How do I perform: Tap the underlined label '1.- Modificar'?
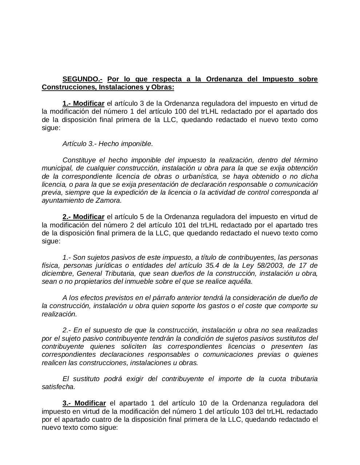[83, 104]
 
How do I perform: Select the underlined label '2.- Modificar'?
[83, 217]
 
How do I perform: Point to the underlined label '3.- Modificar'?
[84, 403]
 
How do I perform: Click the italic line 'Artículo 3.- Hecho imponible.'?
[108, 144]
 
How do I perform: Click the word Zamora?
[110, 201]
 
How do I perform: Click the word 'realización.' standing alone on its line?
[59, 314]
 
